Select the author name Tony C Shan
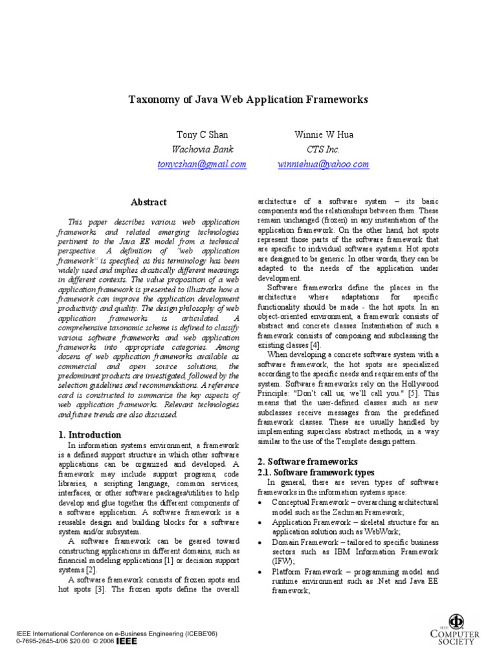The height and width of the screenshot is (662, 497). [x=202, y=134]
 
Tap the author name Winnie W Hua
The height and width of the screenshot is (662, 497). [x=323, y=134]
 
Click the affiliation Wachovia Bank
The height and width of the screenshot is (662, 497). [x=202, y=149]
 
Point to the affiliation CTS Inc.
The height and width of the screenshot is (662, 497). [x=323, y=149]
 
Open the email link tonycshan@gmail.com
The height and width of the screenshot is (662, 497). [x=202, y=164]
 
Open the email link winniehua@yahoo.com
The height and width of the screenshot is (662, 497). [x=323, y=164]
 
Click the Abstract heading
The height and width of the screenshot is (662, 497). [x=148, y=202]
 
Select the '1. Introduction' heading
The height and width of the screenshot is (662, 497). [x=90, y=434]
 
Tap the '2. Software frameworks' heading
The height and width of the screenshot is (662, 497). [x=307, y=462]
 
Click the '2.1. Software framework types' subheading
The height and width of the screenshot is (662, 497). [x=316, y=473]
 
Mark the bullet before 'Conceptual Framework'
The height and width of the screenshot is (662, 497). [x=260, y=502]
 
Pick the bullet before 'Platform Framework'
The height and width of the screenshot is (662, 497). [x=260, y=572]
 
